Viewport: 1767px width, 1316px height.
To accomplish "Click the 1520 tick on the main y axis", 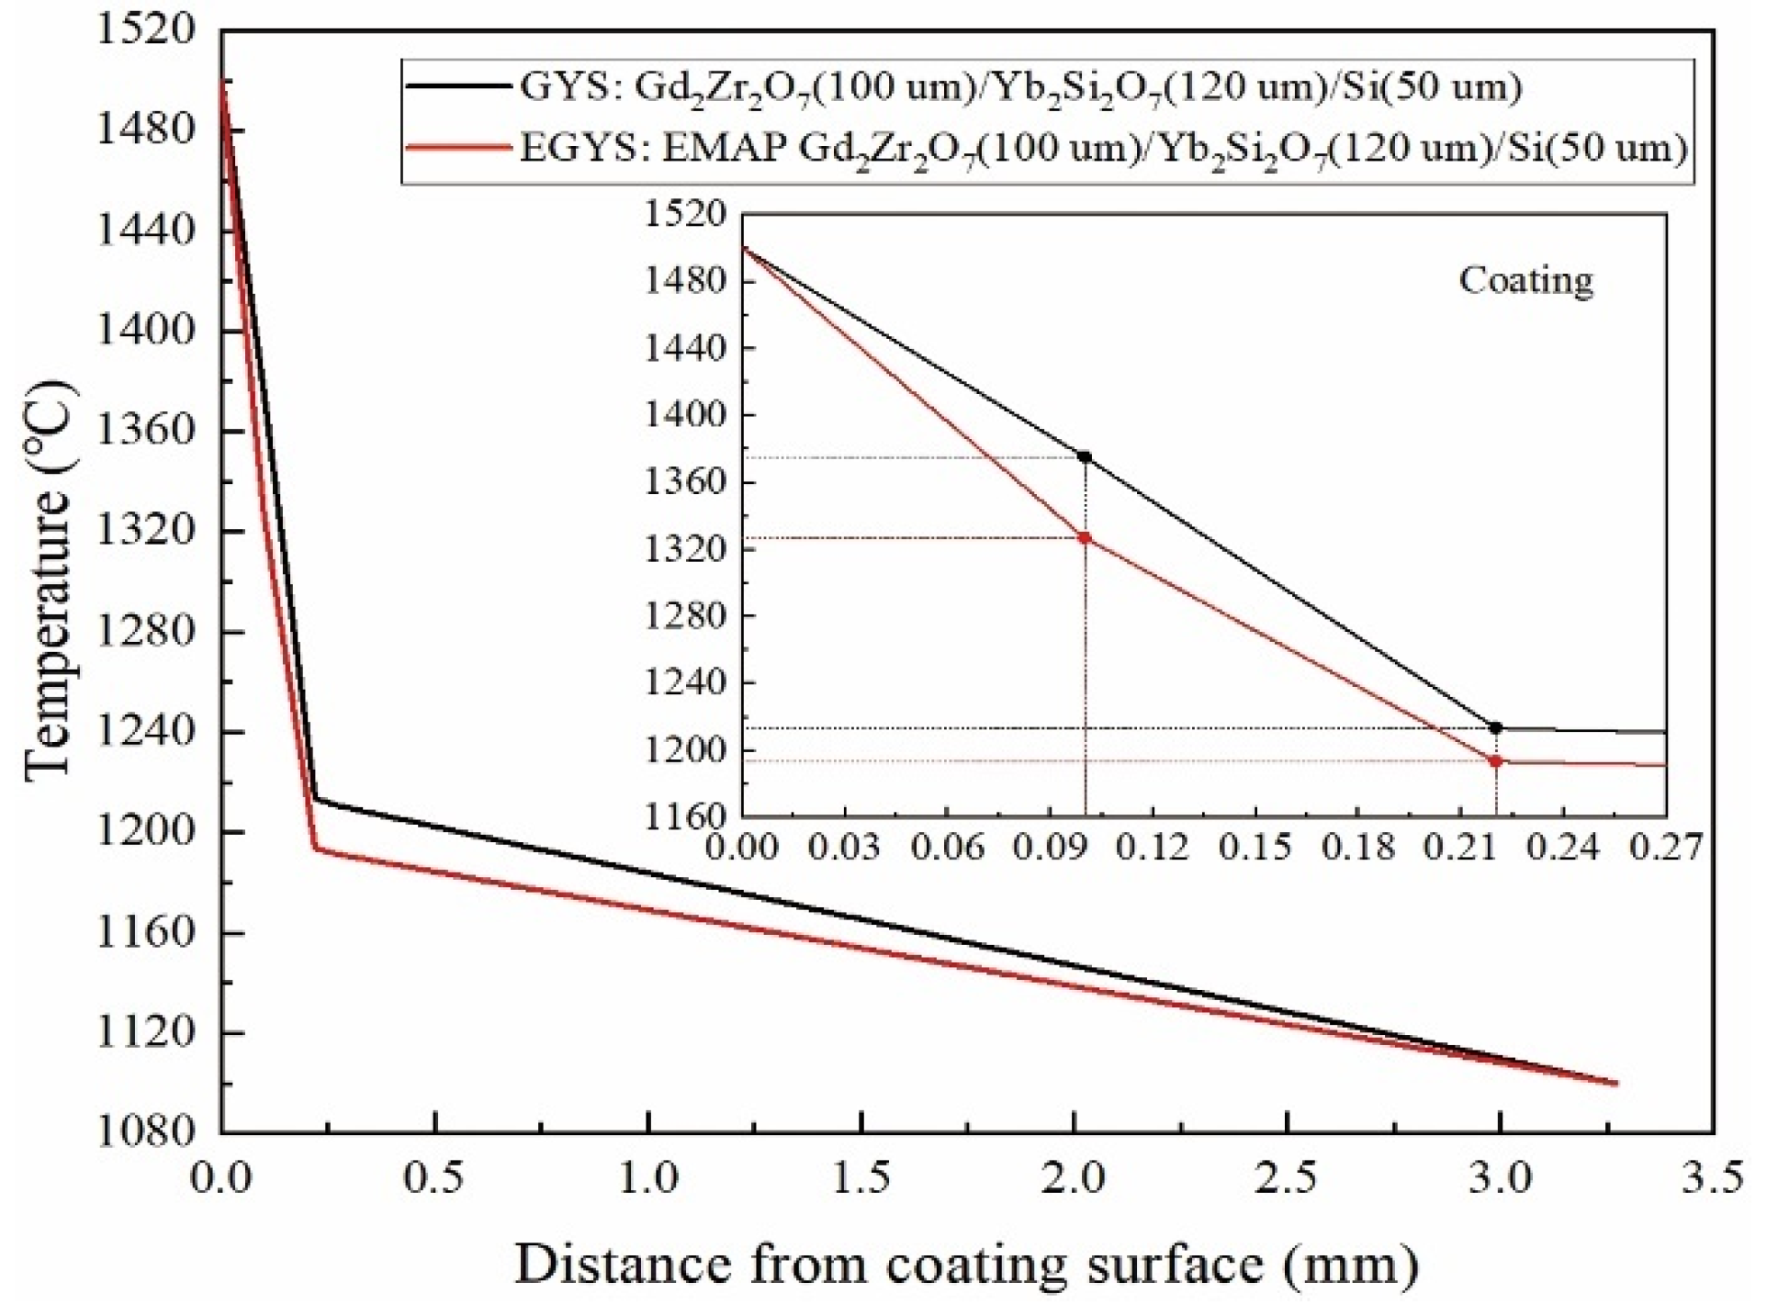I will click(x=145, y=30).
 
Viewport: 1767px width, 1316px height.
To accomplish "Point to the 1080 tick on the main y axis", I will click(x=145, y=1130).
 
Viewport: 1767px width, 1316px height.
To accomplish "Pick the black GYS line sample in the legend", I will click(x=457, y=86).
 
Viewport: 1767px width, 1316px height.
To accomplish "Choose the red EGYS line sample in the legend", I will click(x=457, y=147).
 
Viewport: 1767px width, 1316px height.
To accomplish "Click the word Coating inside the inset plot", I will click(x=1525, y=280).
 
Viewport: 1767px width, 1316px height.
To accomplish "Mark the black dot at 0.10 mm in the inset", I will click(x=1085, y=456).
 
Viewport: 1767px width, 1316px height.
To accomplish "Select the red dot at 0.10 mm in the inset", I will click(x=1085, y=538).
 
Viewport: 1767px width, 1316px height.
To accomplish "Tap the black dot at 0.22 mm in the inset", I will click(x=1495, y=727).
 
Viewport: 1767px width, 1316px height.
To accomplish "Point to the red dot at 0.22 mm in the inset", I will click(x=1495, y=760).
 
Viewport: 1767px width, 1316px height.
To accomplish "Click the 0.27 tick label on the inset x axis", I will click(x=1665, y=846).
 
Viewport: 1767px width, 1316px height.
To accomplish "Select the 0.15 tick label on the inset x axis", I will click(x=1255, y=846).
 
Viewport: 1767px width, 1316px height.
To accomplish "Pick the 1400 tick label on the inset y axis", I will click(x=685, y=415).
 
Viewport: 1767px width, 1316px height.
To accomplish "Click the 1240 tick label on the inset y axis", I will click(x=685, y=683).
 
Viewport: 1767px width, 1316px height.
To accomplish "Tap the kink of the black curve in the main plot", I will click(x=315, y=799).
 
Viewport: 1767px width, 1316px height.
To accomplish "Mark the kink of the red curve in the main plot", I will click(x=316, y=848).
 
